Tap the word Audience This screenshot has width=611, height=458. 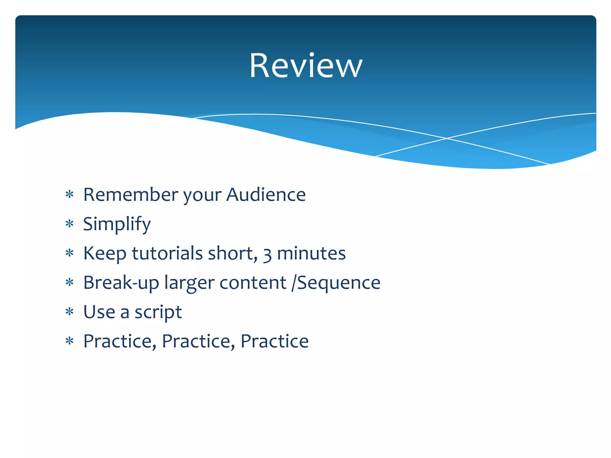point(266,195)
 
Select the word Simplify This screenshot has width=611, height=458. point(117,224)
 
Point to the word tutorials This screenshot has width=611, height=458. point(167,253)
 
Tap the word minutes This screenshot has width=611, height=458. point(311,253)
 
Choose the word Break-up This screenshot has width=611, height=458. point(121,283)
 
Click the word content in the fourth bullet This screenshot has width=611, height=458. point(253,283)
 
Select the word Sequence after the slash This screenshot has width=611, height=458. point(339,283)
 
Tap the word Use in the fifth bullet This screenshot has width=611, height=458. point(99,312)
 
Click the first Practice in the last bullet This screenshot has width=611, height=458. point(119,341)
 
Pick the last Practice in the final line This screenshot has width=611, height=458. point(274,341)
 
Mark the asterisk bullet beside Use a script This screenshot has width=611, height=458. point(70,312)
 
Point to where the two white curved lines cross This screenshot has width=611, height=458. point(447,138)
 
